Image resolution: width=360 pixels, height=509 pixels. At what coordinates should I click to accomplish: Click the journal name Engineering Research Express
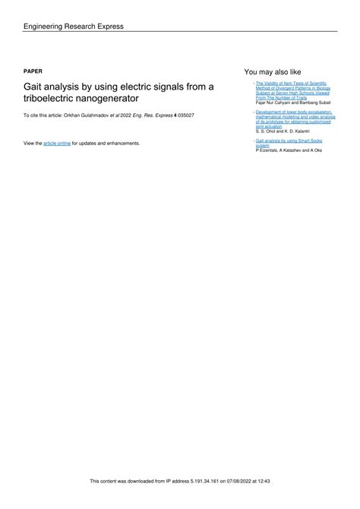pos(73,27)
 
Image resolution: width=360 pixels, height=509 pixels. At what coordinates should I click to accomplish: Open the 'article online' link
pos(57,143)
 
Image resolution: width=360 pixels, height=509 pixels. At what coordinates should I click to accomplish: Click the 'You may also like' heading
pos(271,70)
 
